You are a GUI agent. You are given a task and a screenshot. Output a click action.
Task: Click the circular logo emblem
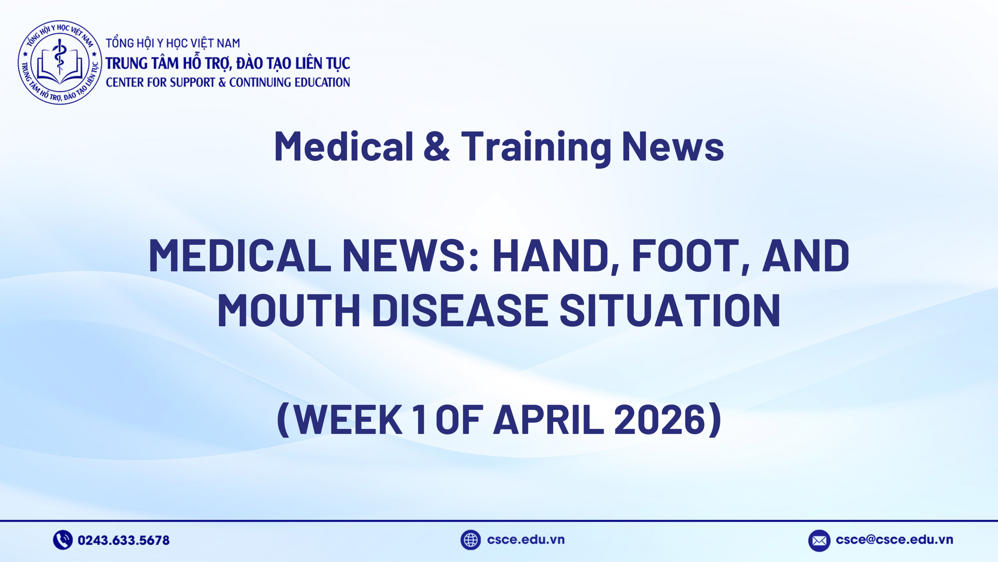click(x=60, y=62)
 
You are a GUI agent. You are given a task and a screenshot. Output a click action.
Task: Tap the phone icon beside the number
click(x=63, y=540)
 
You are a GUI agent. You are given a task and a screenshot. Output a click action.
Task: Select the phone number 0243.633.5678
click(x=124, y=540)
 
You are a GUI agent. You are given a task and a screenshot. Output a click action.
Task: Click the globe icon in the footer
click(x=471, y=540)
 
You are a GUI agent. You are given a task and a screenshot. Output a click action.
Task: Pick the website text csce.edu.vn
click(x=526, y=539)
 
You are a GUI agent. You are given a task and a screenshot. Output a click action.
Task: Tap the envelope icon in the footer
click(x=819, y=541)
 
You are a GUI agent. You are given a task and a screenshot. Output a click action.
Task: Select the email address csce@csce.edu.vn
click(x=894, y=539)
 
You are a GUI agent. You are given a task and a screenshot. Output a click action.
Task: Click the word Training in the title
click(x=536, y=147)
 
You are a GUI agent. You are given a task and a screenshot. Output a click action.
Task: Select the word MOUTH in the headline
click(x=289, y=310)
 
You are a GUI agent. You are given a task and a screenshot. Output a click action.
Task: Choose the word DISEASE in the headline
click(x=460, y=310)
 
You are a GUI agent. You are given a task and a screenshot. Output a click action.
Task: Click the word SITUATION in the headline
click(x=670, y=310)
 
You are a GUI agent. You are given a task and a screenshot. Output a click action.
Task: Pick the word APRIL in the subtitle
click(x=549, y=420)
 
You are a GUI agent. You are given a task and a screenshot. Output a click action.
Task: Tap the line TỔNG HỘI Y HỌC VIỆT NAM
click(x=173, y=43)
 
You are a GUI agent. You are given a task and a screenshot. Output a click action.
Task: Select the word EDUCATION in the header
click(x=322, y=82)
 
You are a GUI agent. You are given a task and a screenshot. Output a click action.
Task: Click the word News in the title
click(x=672, y=147)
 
